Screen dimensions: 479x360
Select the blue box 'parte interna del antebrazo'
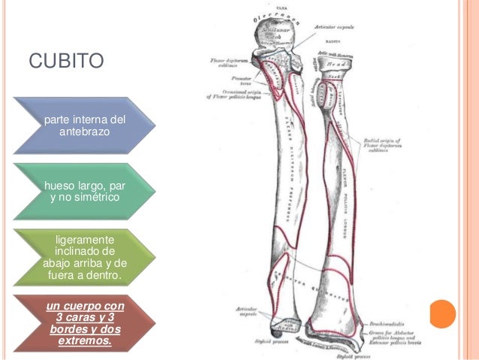point(85,126)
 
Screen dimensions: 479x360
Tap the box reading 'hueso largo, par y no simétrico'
point(85,191)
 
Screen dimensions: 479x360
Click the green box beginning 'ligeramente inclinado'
point(85,258)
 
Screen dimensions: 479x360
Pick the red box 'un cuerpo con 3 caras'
point(85,324)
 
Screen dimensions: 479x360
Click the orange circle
point(443,313)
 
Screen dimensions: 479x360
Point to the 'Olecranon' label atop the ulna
point(276,16)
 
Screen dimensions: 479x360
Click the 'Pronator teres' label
point(242,80)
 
